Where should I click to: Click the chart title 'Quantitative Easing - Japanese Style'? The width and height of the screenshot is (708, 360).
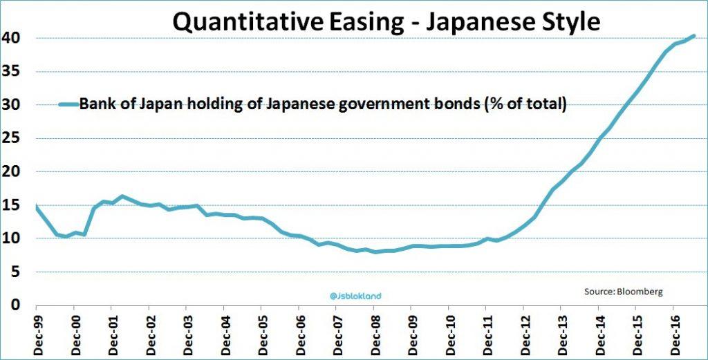tap(386, 22)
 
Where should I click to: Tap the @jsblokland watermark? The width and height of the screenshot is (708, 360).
tap(355, 296)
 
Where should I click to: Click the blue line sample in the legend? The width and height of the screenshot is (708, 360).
tap(68, 104)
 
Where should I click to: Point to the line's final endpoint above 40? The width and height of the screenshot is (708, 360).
tap(693, 36)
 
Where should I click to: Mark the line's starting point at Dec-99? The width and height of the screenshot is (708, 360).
tap(36, 206)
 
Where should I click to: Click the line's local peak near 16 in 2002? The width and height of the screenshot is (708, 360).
tap(122, 196)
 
